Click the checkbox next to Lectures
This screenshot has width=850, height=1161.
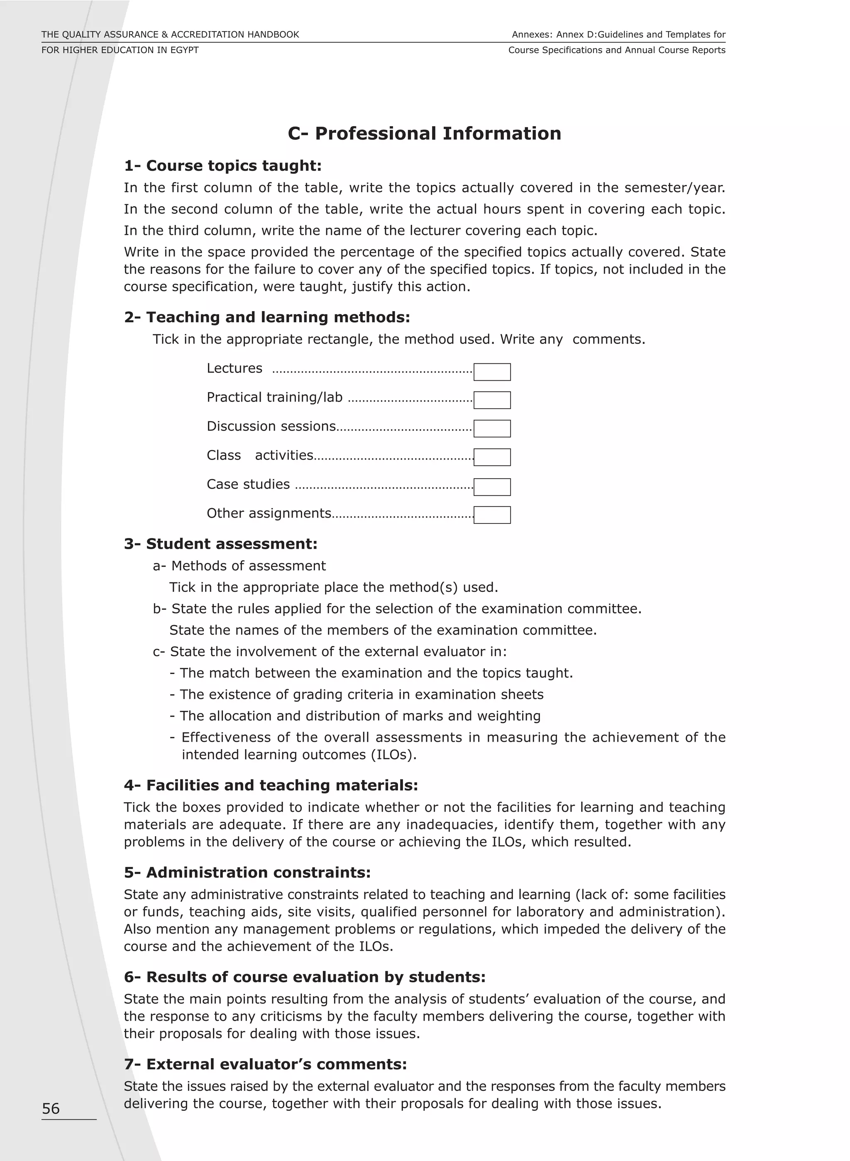click(492, 372)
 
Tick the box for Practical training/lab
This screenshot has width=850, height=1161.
click(492, 400)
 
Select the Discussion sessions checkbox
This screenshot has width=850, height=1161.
click(492, 428)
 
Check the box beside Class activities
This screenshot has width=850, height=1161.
click(492, 457)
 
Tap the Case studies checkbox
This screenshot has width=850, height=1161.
click(492, 487)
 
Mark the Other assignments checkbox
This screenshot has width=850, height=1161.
click(492, 515)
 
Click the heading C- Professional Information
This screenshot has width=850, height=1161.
click(424, 134)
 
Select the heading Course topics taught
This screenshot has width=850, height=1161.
click(222, 166)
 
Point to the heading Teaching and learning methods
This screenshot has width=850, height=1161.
click(266, 317)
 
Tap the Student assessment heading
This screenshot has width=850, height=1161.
click(220, 544)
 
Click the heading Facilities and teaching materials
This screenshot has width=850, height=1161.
click(271, 785)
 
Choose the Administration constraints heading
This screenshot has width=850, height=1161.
click(247, 873)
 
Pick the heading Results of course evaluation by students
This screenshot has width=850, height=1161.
click(305, 977)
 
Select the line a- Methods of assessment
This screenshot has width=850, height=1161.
click(239, 566)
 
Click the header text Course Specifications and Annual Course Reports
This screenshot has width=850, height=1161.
click(616, 50)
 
